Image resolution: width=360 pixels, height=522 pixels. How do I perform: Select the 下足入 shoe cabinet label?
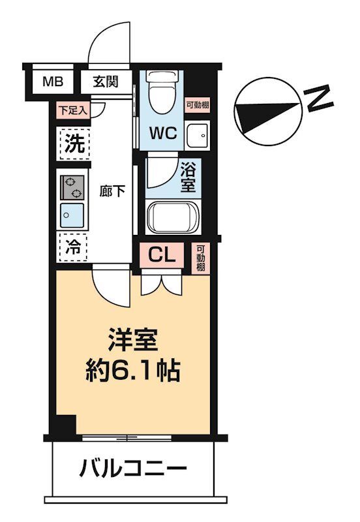click(x=72, y=110)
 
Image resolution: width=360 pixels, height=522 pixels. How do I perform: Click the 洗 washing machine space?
click(x=73, y=143)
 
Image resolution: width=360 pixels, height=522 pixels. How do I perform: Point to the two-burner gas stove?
click(x=72, y=187)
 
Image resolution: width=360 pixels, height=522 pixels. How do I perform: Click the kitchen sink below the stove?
click(x=72, y=213)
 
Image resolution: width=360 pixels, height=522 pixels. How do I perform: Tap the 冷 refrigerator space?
click(x=74, y=247)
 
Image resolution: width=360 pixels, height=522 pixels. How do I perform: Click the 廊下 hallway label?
click(x=112, y=192)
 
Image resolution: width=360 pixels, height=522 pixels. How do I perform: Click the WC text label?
click(x=163, y=134)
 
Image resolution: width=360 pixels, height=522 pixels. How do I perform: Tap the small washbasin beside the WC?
click(x=196, y=135)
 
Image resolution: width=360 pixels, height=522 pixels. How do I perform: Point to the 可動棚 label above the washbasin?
click(x=196, y=104)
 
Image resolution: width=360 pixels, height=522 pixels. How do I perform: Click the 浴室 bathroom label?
click(x=188, y=176)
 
